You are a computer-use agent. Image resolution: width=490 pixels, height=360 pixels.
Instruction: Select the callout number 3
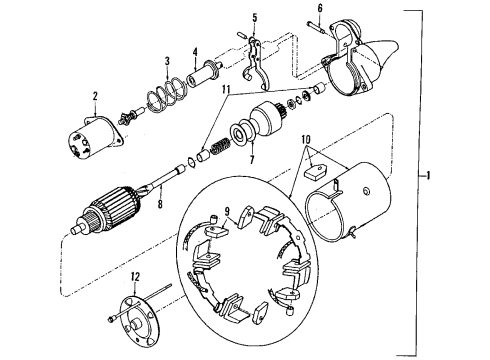point(168,62)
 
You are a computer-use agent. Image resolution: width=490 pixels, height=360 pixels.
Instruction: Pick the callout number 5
point(254,17)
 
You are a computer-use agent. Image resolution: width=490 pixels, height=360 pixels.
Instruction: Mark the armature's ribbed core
point(116,216)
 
